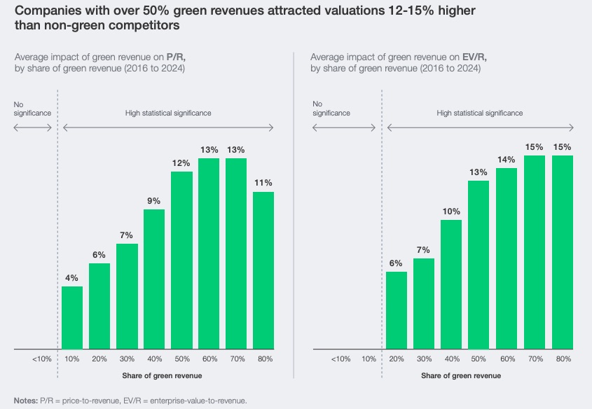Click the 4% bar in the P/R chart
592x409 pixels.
pyautogui.click(x=72, y=317)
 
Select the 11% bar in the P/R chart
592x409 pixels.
pyautogui.click(x=263, y=270)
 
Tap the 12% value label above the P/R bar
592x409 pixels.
pyautogui.click(x=181, y=163)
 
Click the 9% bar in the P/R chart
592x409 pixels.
pyautogui.click(x=154, y=279)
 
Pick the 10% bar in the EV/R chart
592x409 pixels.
pyautogui.click(x=451, y=284)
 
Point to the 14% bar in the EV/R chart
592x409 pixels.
pyautogui.click(x=506, y=258)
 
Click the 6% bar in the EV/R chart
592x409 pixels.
pyautogui.click(x=397, y=310)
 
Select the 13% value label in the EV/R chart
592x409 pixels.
pyautogui.click(x=479, y=172)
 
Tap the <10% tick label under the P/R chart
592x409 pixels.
pyautogui.click(x=41, y=359)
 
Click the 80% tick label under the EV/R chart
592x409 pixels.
pyautogui.click(x=563, y=359)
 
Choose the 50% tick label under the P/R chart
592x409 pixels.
pyautogui.click(x=181, y=359)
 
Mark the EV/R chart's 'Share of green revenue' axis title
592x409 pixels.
pyautogui.click(x=461, y=376)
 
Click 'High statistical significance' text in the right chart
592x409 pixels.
pyautogui.click(x=479, y=113)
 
